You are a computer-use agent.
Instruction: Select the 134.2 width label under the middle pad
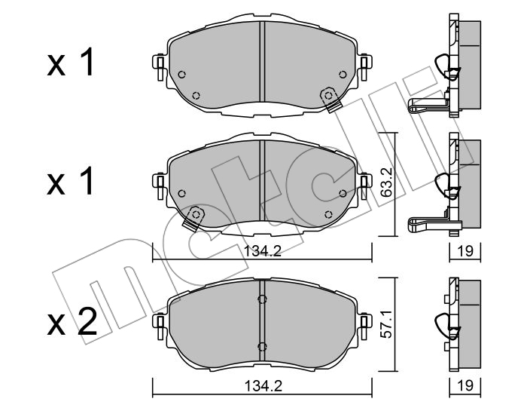262,251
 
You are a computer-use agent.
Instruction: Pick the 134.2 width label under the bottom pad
262,386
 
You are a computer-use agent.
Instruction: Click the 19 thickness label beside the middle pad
465,251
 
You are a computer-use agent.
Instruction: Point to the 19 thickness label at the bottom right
465,386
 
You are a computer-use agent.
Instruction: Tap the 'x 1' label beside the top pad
70,63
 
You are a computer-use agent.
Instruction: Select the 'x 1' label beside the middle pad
70,181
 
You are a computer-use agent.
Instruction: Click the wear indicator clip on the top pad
331,100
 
